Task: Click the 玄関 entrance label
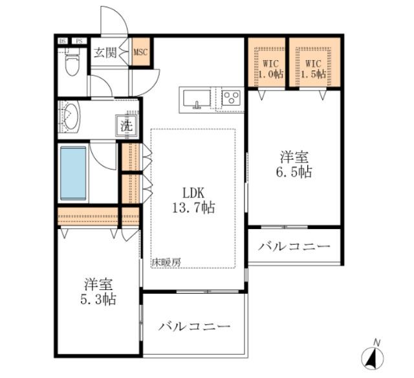(105, 52)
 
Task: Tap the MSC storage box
(141, 52)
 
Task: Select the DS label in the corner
(63, 41)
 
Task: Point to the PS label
(80, 41)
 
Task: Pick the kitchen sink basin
(195, 100)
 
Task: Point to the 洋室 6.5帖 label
(295, 164)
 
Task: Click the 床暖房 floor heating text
(166, 263)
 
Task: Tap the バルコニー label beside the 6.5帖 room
(294, 247)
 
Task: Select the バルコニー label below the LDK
(195, 326)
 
